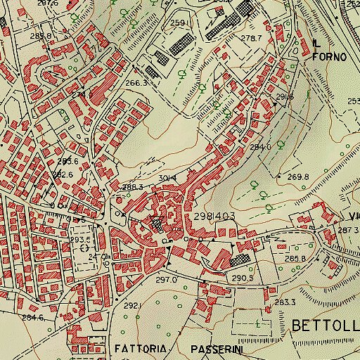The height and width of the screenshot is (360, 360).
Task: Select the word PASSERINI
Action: (217, 349)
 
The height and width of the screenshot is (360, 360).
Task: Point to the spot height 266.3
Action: (136, 83)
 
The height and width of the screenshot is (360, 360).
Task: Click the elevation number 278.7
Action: (251, 38)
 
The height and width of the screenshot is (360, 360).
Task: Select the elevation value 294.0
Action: (260, 148)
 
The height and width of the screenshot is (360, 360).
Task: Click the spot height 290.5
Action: (243, 279)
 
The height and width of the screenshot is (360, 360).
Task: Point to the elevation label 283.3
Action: (284, 302)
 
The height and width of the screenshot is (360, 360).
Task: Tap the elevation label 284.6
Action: (33, 317)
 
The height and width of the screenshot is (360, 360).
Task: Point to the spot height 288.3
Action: (132, 187)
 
